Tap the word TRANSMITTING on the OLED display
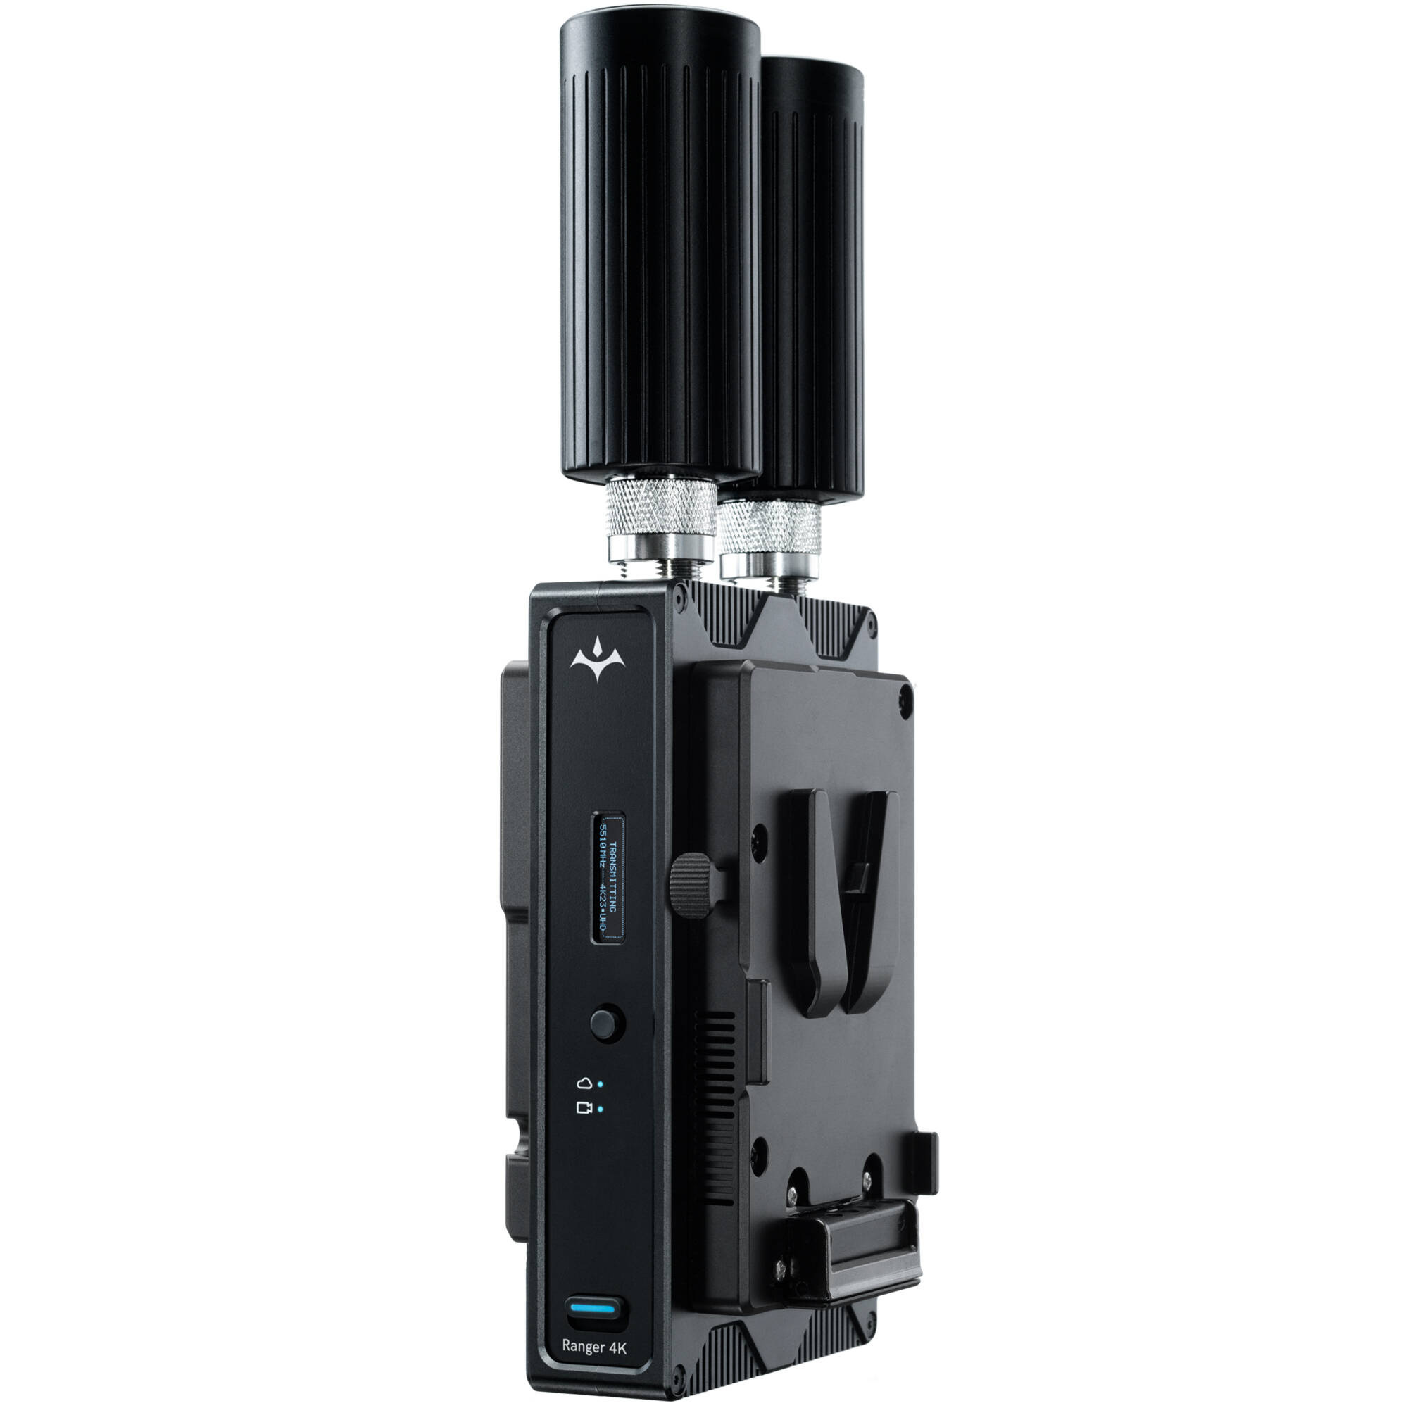coord(613,877)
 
